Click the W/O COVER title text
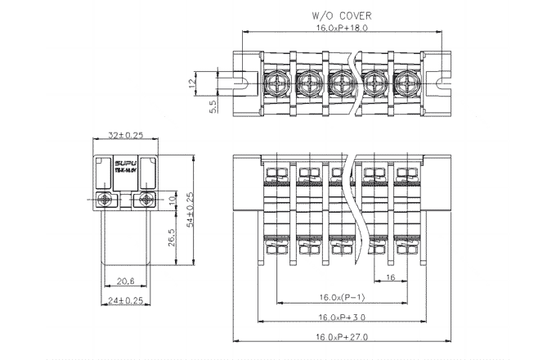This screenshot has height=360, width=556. [x=342, y=16]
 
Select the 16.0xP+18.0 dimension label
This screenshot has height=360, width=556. [x=342, y=28]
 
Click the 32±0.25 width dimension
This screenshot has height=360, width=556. [x=126, y=135]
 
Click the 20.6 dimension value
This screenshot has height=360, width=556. [x=126, y=280]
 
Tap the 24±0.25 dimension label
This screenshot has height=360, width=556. [x=126, y=300]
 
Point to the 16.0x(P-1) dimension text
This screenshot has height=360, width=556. [x=342, y=296]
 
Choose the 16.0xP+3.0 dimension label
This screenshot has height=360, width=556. [x=342, y=317]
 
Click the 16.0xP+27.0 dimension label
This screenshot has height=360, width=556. [x=342, y=337]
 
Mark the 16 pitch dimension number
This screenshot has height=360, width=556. [x=390, y=278]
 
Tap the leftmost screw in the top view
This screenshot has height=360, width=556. [x=277, y=82]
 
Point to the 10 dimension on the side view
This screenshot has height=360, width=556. [x=172, y=199]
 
